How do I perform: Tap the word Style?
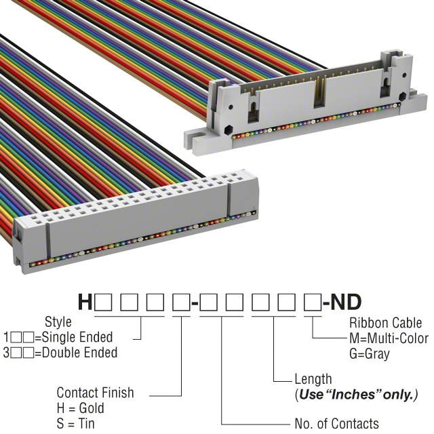pos(58,322)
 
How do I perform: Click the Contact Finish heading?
pos(95,393)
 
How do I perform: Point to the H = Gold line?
pos(81,408)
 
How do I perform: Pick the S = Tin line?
pos(77,424)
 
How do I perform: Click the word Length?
pos(313,380)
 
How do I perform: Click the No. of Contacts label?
pos(337,424)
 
